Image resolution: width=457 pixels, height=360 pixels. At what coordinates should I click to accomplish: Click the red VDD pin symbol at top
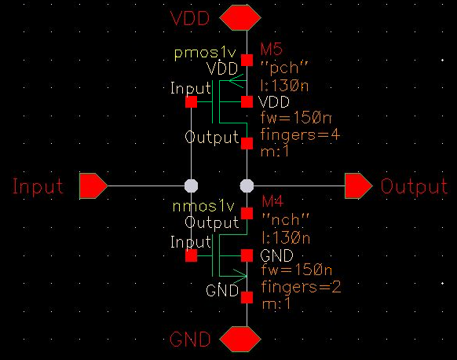click(x=240, y=17)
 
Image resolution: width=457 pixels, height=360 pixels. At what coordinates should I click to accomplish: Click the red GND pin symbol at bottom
click(x=240, y=340)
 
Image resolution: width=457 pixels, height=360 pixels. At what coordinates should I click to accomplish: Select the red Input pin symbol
click(x=93, y=186)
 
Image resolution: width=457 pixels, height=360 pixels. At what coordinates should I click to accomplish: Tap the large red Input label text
click(x=38, y=187)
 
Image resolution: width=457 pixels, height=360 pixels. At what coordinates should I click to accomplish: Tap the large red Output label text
click(x=414, y=187)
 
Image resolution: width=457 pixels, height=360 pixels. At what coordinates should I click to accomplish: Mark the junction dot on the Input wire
click(x=190, y=186)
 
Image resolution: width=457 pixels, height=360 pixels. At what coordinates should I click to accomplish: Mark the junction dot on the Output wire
click(x=247, y=186)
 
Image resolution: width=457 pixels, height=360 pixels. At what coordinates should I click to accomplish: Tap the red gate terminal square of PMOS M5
click(x=191, y=101)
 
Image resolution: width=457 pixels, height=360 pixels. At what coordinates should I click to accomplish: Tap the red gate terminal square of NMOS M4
click(x=191, y=255)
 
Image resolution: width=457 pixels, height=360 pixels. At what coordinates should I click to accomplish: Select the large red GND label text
click(x=190, y=340)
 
